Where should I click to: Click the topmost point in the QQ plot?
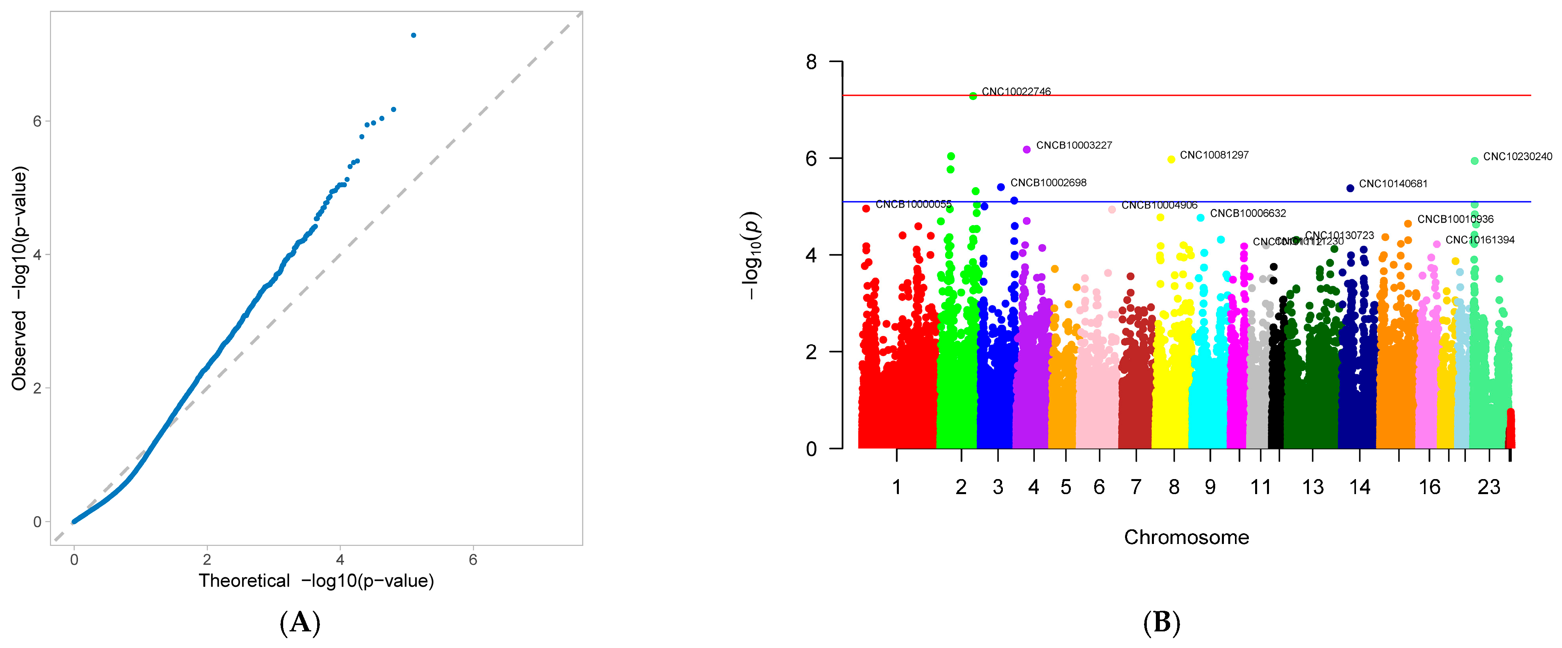[x=414, y=35]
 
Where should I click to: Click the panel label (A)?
[x=299, y=623]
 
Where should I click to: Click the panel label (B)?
[x=1161, y=623]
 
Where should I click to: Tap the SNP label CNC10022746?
[x=1016, y=92]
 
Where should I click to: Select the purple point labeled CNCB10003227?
[x=1027, y=149]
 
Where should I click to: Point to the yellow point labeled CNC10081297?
[x=1171, y=159]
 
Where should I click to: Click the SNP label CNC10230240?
[x=1517, y=157]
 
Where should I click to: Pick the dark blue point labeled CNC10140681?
[x=1350, y=188]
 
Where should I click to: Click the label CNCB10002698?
[x=1048, y=183]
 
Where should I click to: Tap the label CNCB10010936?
[x=1455, y=219]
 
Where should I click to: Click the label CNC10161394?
[x=1479, y=240]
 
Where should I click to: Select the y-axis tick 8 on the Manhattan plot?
[x=811, y=62]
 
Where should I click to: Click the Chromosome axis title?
[x=1186, y=537]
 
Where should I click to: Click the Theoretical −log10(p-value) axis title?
[x=316, y=581]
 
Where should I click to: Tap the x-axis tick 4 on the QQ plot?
[x=340, y=559]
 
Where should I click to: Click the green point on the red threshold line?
[x=973, y=96]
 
